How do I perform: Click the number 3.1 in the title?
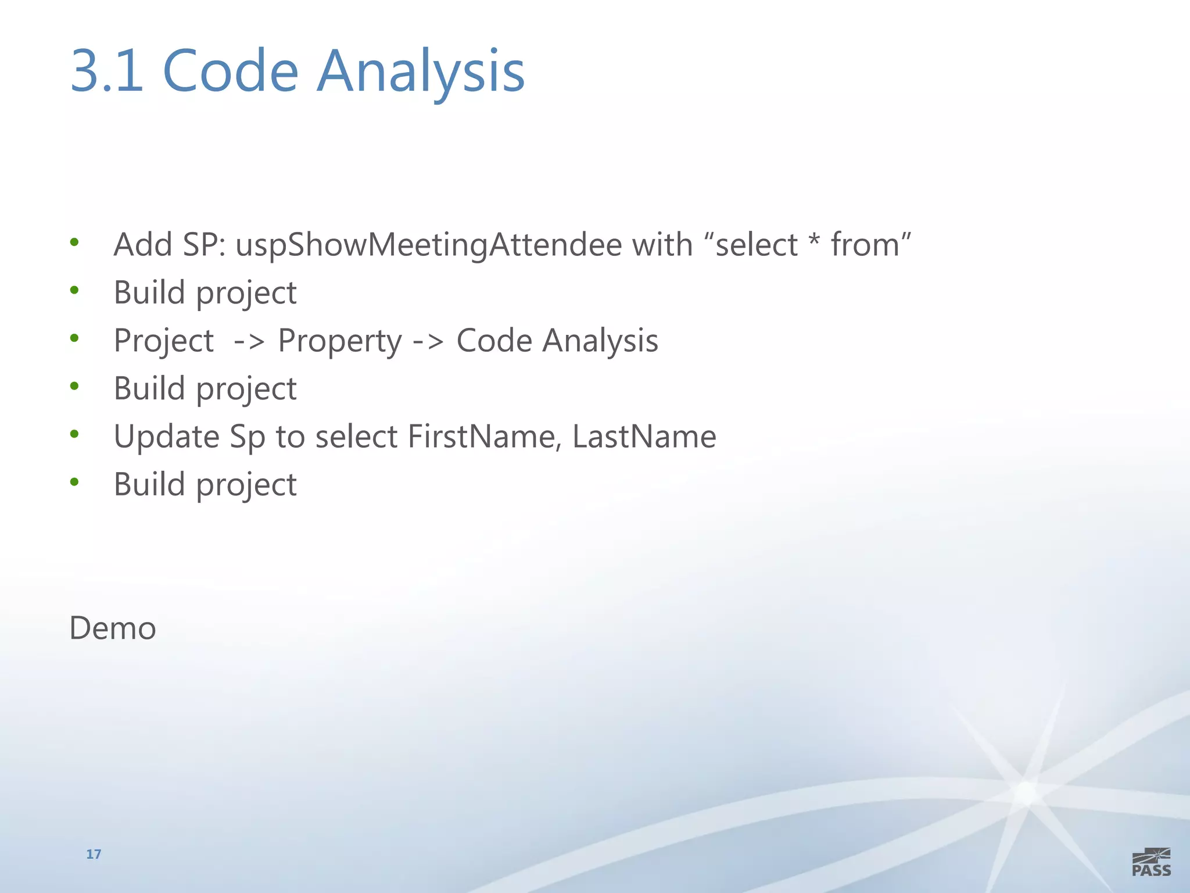[107, 71]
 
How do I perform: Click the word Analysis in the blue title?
[420, 72]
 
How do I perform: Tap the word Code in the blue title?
[230, 71]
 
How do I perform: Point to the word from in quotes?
[865, 245]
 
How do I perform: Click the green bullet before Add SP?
[74, 242]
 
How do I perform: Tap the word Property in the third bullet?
[339, 341]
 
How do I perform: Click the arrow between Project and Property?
[249, 342]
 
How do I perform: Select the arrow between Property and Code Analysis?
[428, 342]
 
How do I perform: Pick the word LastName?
[644, 437]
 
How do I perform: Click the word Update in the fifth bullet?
[166, 437]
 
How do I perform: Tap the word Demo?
[113, 628]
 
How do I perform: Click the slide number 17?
[94, 854]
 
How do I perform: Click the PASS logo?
[1151, 863]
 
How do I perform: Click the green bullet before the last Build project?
[74, 482]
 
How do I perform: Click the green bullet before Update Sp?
[74, 434]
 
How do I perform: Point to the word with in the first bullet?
[662, 245]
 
